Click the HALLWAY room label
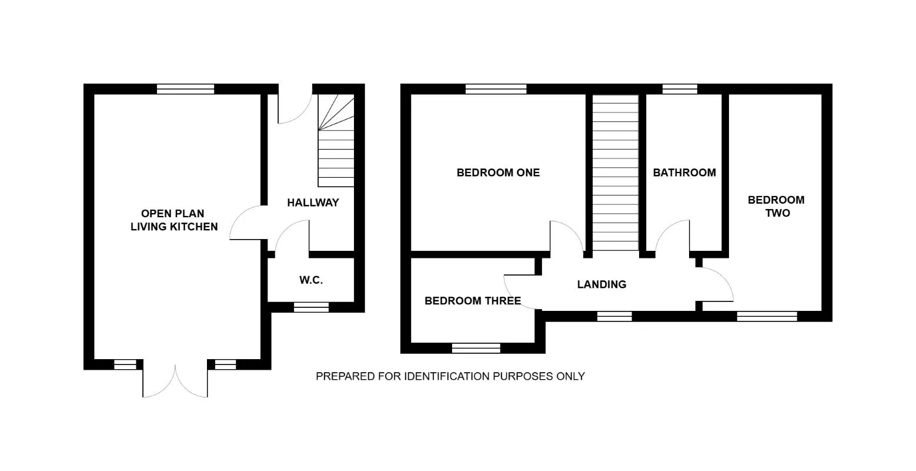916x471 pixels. tap(313, 203)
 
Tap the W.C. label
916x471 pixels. tap(311, 280)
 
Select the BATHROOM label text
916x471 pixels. tap(684, 173)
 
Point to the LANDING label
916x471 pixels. tap(601, 284)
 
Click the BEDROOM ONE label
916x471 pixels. tap(498, 173)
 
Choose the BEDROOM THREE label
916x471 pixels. tap(473, 301)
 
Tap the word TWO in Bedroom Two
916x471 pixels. tap(777, 213)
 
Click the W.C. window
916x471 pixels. tap(311, 307)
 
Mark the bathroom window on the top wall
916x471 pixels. tap(680, 89)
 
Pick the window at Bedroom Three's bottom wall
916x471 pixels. tap(476, 348)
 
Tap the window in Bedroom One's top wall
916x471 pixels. tap(496, 89)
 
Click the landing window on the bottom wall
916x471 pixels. tap(614, 316)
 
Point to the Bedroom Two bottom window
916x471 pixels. tap(767, 316)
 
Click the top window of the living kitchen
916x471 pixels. tap(186, 89)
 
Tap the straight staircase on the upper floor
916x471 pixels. tap(616, 173)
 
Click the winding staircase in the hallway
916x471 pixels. tap(336, 141)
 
